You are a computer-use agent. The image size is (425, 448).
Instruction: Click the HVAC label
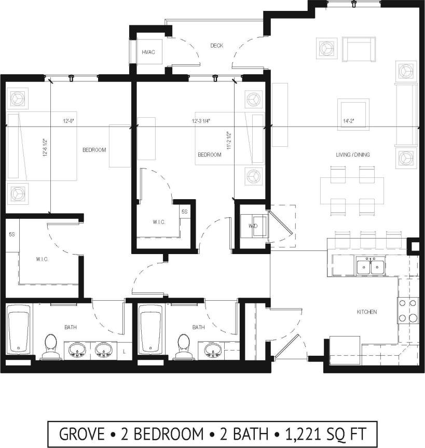click(148, 52)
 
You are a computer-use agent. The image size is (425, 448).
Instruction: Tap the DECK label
click(216, 46)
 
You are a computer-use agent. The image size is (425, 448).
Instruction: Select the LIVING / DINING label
click(352, 155)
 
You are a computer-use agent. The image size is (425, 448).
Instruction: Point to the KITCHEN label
click(366, 312)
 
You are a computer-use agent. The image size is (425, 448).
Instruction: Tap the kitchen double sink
click(370, 267)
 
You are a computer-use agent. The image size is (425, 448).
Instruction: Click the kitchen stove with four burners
click(408, 311)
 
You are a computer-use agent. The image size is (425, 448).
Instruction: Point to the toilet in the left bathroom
click(51, 346)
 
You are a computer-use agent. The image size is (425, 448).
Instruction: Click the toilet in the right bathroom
click(184, 346)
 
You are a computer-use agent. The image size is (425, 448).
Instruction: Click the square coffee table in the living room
click(353, 114)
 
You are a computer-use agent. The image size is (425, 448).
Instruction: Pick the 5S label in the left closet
click(11, 234)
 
